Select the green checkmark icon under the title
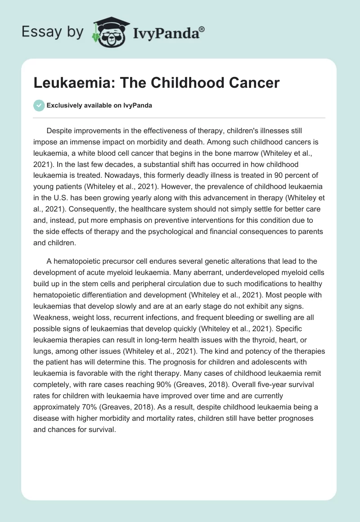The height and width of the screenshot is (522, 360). pos(39,105)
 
